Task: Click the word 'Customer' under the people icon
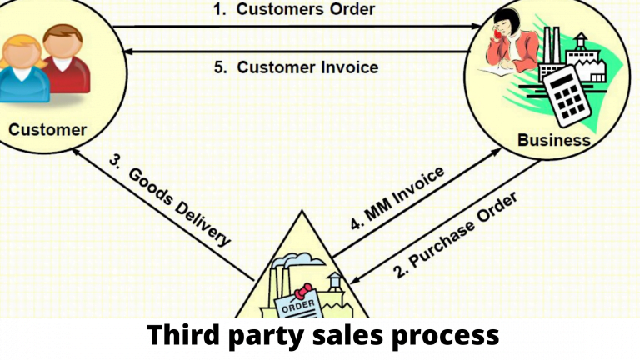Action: [47, 129]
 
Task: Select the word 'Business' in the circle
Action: [553, 138]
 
